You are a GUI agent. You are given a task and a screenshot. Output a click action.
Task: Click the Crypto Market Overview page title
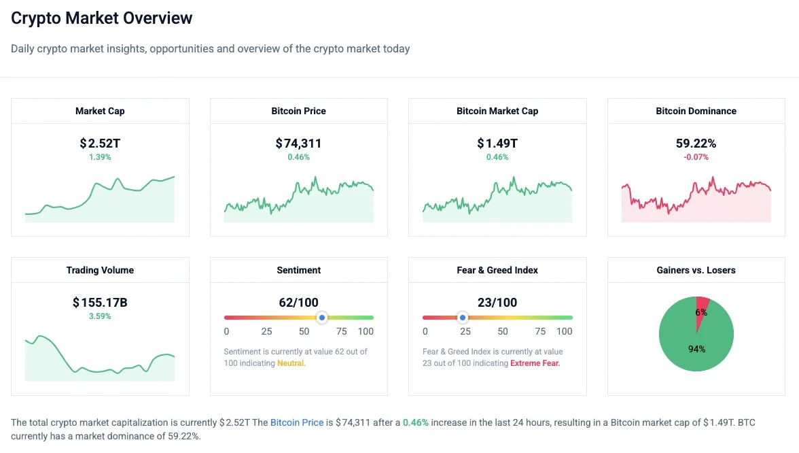pyautogui.click(x=102, y=18)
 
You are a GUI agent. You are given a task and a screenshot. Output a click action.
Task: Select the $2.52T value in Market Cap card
pyautogui.click(x=100, y=144)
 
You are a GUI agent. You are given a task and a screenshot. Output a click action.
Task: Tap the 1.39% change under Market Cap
pyautogui.click(x=100, y=157)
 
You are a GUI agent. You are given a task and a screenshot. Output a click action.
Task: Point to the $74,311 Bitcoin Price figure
pyautogui.click(x=298, y=144)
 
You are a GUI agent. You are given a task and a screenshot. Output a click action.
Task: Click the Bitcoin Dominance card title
pyautogui.click(x=696, y=111)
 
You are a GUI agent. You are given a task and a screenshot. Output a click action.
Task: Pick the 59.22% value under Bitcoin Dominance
pyautogui.click(x=696, y=144)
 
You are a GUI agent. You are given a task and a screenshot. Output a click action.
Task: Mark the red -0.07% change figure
pyautogui.click(x=696, y=157)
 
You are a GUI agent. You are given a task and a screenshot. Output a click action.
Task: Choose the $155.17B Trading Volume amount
pyautogui.click(x=100, y=303)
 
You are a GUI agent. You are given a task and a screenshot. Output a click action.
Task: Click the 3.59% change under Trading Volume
pyautogui.click(x=100, y=316)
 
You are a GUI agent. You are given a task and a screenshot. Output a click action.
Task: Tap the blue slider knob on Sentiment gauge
pyautogui.click(x=322, y=318)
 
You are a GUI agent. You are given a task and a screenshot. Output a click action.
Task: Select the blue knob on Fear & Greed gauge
pyautogui.click(x=463, y=318)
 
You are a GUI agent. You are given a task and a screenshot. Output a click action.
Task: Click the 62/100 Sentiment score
pyautogui.click(x=298, y=303)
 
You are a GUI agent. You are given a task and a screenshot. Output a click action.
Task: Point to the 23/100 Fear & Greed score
pyautogui.click(x=497, y=303)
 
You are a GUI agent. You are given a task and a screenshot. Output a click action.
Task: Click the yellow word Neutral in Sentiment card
pyautogui.click(x=291, y=363)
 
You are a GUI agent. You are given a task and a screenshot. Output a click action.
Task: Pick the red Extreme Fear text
pyautogui.click(x=535, y=363)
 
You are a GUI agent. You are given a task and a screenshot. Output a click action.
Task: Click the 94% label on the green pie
pyautogui.click(x=696, y=349)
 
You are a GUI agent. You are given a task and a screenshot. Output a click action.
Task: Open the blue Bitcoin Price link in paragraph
pyautogui.click(x=297, y=422)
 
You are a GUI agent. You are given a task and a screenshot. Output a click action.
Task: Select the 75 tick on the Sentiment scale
pyautogui.click(x=341, y=331)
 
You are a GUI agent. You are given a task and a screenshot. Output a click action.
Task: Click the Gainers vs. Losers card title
pyautogui.click(x=696, y=270)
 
